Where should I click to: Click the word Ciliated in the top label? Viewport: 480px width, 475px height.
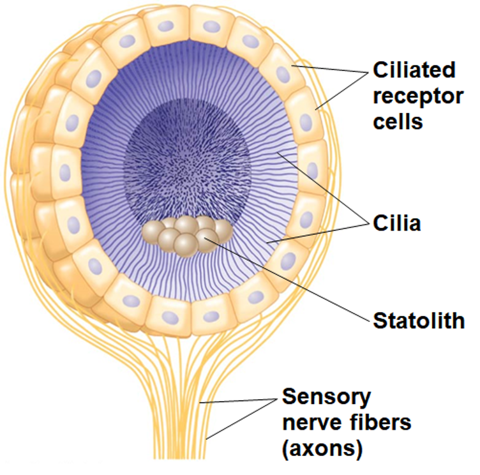415,70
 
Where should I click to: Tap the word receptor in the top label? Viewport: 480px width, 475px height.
417,95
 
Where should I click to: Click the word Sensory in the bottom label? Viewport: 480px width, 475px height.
326,397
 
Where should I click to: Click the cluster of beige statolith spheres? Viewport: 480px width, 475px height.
188,233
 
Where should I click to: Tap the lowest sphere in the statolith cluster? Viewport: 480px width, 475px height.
184,245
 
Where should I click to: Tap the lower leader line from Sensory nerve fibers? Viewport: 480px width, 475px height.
243,422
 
